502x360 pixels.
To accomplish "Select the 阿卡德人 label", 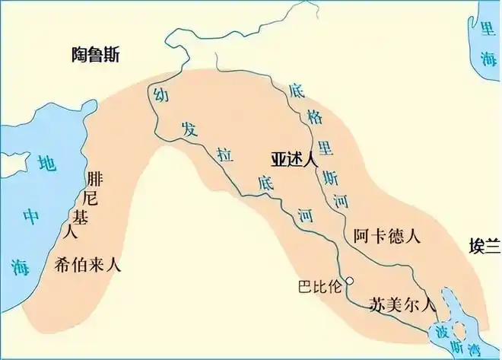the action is (388, 236).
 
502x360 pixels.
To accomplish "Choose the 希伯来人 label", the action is (88, 265).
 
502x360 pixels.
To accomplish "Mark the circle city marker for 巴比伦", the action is (350, 281).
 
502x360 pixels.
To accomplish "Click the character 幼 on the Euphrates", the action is (160, 95).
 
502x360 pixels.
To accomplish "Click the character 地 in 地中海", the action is (47, 163).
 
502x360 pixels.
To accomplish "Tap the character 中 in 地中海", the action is (31, 216).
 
